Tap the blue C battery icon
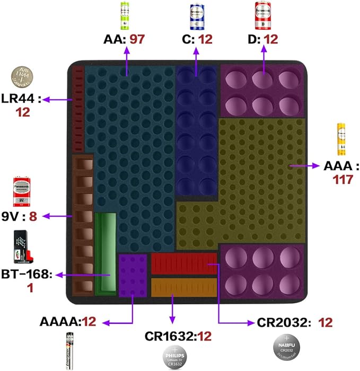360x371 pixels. (197, 14)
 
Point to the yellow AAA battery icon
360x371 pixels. (340, 139)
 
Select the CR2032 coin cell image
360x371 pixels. (285, 351)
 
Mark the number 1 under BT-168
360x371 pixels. (30, 286)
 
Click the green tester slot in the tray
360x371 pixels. (105, 253)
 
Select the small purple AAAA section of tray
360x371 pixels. (133, 275)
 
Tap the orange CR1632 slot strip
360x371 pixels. (183, 287)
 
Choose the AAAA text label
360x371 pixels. (59, 322)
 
